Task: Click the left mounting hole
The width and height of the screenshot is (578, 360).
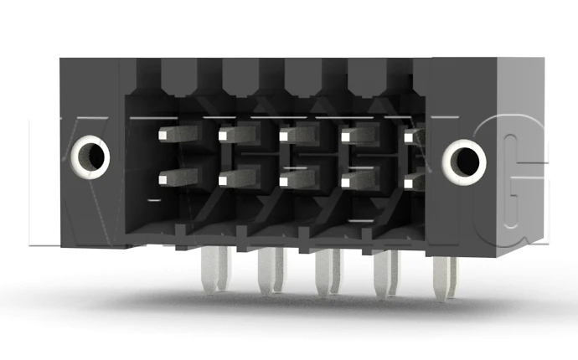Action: pyautogui.click(x=89, y=157)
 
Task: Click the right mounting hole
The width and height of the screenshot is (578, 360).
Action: pyautogui.click(x=463, y=159)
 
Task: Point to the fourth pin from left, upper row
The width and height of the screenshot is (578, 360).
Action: pyautogui.click(x=358, y=135)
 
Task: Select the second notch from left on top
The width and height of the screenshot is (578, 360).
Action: pyautogui.click(x=240, y=75)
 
